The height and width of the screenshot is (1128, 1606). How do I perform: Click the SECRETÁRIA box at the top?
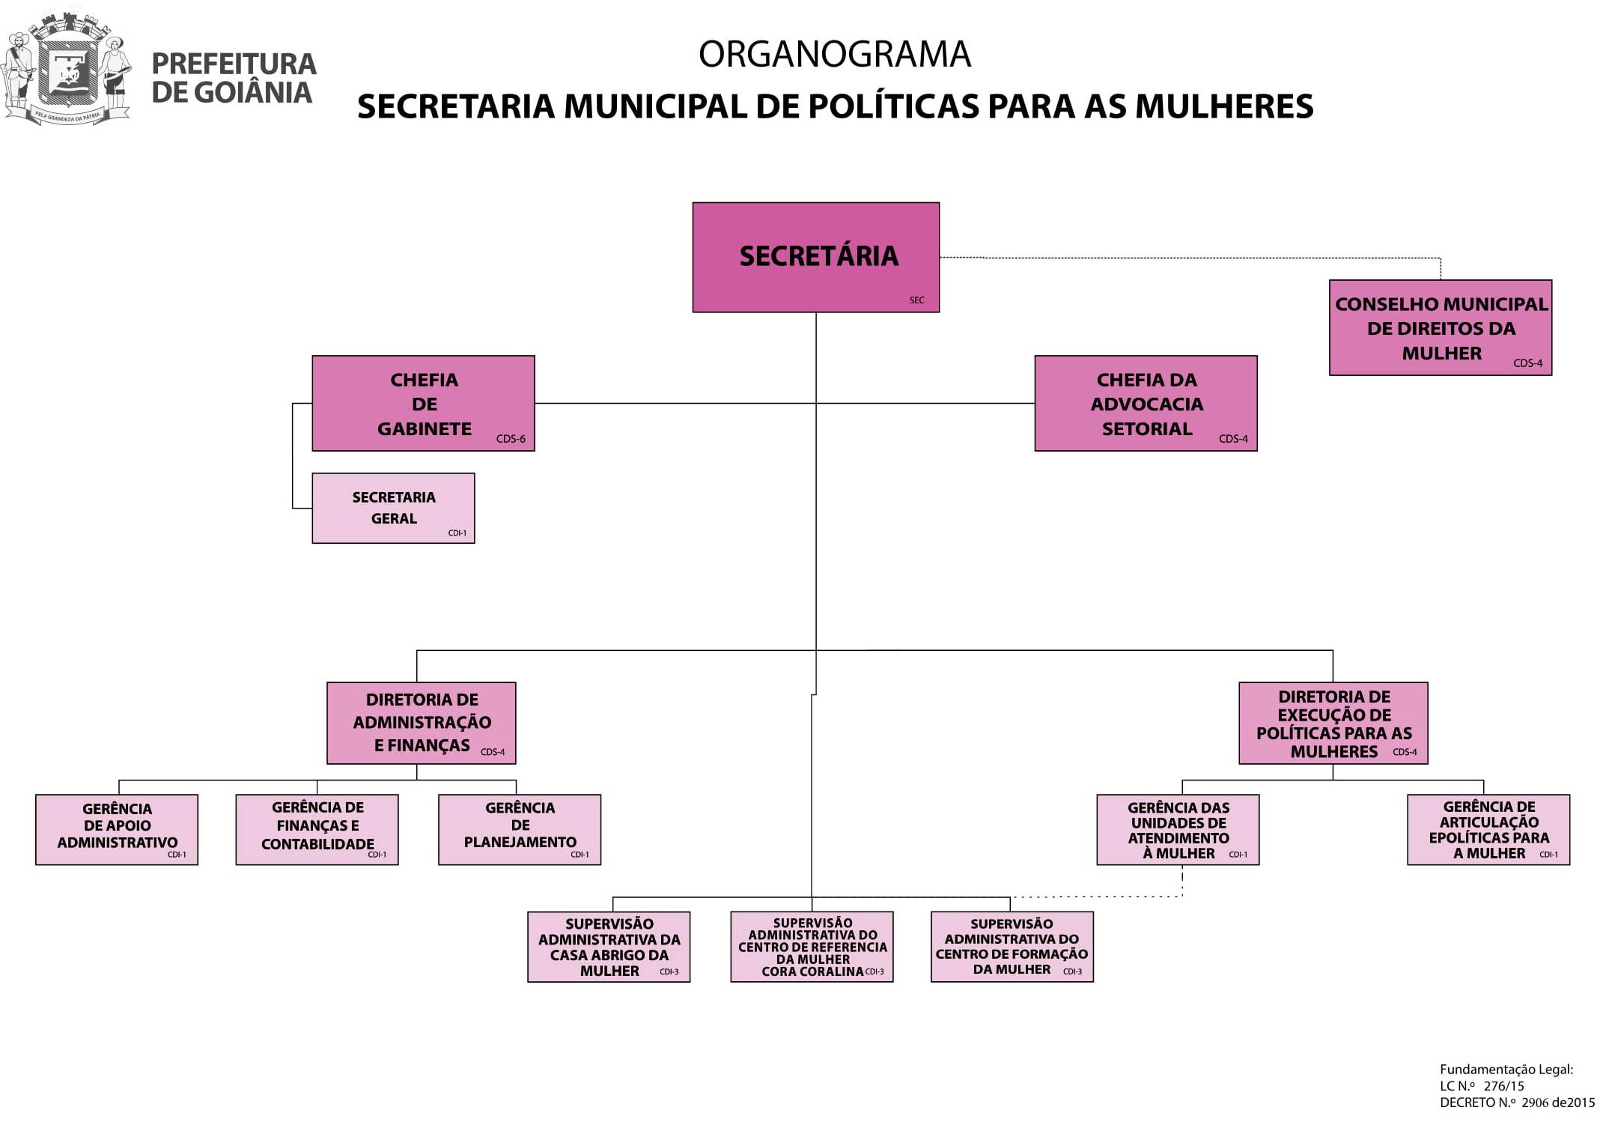[815, 257]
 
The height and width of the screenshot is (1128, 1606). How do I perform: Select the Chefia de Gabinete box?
[423, 403]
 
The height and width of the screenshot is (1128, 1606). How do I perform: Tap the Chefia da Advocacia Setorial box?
[1146, 403]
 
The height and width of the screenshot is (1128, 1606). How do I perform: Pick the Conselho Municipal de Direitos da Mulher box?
[1441, 327]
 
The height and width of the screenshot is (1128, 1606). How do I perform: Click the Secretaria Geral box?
[393, 508]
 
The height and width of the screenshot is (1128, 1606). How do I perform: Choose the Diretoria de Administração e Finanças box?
[422, 722]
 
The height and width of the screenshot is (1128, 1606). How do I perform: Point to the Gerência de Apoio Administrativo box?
[117, 829]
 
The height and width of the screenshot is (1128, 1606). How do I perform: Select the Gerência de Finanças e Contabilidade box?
[317, 829]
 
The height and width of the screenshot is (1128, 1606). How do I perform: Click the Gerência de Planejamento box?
[520, 829]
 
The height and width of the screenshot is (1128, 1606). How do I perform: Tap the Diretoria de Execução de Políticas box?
[1333, 722]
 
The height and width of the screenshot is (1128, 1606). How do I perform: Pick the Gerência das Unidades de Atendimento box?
[1178, 829]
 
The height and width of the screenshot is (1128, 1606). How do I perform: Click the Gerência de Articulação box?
[1488, 829]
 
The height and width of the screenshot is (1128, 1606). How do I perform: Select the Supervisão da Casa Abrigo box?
[609, 946]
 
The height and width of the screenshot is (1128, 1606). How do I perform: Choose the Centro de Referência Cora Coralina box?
[812, 946]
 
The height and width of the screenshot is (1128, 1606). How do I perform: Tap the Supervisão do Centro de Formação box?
[1012, 946]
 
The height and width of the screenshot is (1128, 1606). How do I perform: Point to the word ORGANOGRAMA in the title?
[835, 55]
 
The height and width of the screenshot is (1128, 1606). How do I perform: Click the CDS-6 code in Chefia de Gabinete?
[511, 439]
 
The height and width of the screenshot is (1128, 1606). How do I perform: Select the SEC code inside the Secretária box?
[916, 300]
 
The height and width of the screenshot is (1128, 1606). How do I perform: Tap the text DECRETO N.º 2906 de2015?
[1517, 1103]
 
